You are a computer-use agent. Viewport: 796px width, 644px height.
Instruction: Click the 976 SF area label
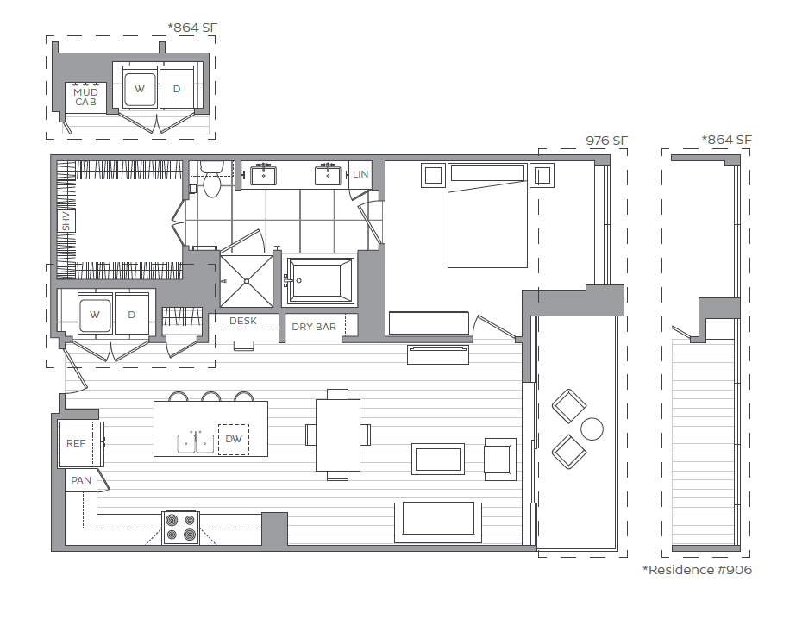point(606,141)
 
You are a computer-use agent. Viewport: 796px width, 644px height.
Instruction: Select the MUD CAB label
point(85,97)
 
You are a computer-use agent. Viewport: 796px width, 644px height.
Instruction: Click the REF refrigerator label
point(77,443)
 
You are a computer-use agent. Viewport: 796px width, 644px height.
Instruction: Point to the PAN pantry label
point(80,480)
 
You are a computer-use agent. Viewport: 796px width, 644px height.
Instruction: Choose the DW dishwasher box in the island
point(233,440)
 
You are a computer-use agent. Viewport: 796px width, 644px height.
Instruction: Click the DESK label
point(243,321)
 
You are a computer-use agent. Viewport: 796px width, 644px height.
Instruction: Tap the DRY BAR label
point(314,327)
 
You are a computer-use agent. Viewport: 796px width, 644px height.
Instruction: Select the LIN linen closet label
point(360,175)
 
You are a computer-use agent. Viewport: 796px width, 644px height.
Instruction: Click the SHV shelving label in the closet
point(65,222)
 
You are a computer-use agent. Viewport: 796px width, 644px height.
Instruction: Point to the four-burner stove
point(180,528)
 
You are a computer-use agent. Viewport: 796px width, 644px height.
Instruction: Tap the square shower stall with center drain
point(248,280)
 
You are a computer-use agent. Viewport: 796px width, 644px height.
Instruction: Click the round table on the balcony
point(592,428)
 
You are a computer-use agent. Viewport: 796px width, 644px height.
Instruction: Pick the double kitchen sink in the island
point(196,443)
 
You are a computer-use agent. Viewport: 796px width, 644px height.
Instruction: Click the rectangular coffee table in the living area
point(438,459)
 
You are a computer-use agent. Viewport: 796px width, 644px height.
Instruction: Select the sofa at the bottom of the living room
point(437,522)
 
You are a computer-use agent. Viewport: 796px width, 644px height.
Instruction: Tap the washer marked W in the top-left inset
point(140,88)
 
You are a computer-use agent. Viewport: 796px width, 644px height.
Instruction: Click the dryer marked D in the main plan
point(132,315)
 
